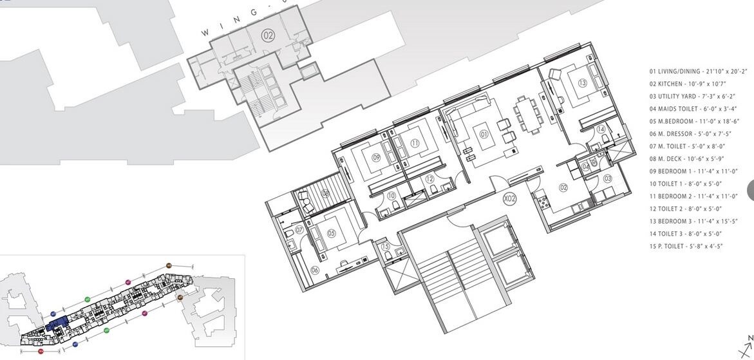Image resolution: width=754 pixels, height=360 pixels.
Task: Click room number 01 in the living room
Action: tap(484, 135)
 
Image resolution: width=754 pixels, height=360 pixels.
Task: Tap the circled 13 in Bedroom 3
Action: tap(582, 82)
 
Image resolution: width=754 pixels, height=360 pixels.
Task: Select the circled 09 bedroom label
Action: tap(376, 156)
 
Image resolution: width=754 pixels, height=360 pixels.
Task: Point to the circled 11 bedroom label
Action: tap(415, 143)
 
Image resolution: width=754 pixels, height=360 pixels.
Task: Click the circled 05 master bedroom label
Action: tap(332, 234)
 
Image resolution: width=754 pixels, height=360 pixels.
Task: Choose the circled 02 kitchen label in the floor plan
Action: tap(563, 187)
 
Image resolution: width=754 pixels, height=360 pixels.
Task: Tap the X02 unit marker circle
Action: tap(510, 199)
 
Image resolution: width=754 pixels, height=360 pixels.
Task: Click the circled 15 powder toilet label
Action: tap(385, 246)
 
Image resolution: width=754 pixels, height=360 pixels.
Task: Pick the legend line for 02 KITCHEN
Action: tap(688, 84)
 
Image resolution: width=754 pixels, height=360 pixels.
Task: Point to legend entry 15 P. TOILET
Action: tap(686, 246)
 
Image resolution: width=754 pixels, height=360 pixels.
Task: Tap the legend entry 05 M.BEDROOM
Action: tap(694, 121)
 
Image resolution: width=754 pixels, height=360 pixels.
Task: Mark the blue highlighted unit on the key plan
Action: tap(59, 323)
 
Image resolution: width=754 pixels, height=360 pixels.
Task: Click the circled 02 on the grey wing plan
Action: tap(268, 36)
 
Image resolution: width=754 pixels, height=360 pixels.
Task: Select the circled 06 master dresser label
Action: tap(316, 270)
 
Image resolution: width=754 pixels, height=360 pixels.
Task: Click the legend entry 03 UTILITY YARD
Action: tap(692, 97)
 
